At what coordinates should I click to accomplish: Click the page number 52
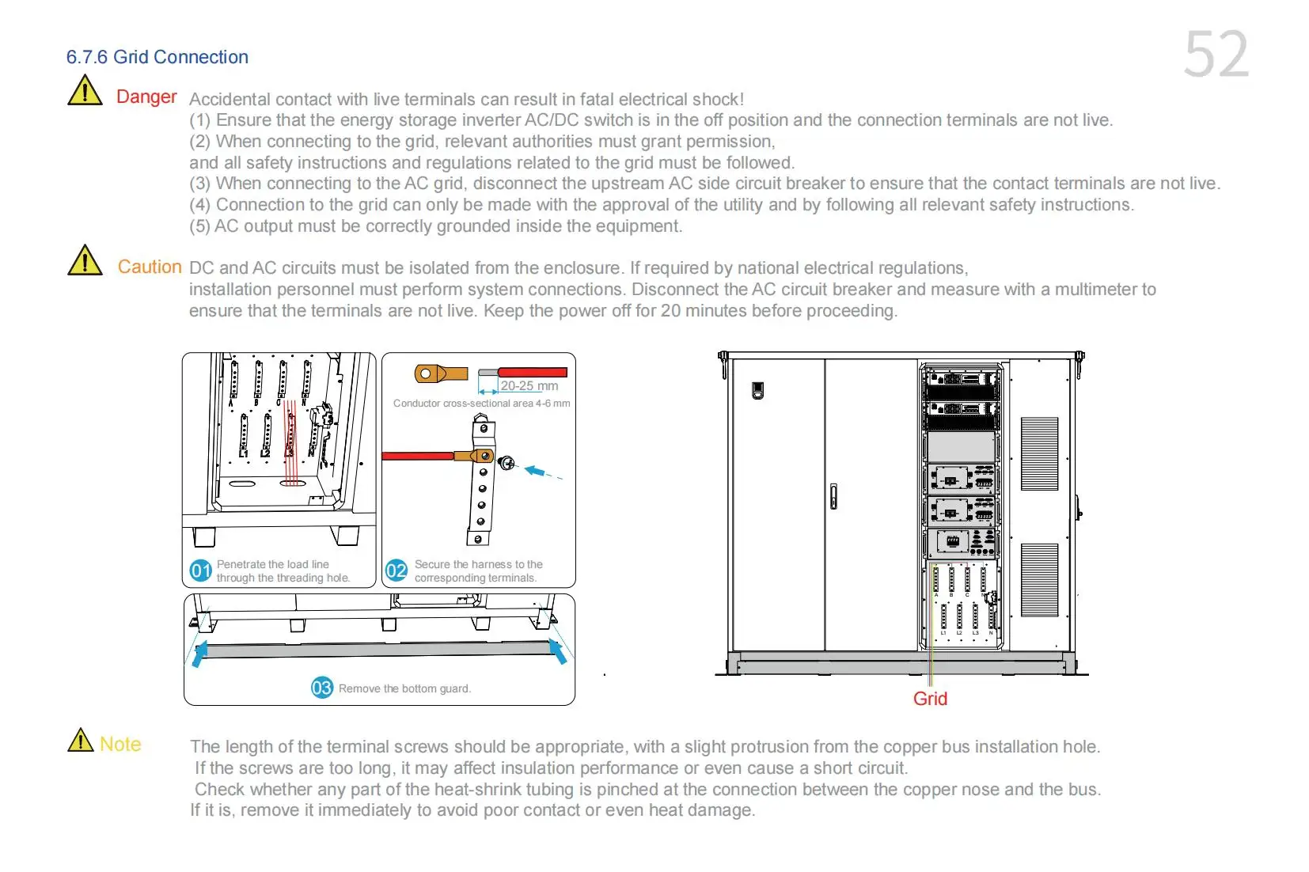pyautogui.click(x=1216, y=55)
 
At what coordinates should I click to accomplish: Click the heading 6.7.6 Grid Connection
pyautogui.click(x=157, y=57)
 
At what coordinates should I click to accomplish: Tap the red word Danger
pyautogui.click(x=146, y=97)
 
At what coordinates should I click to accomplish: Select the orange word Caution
pyautogui.click(x=150, y=267)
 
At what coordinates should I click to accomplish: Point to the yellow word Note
pyautogui.click(x=120, y=744)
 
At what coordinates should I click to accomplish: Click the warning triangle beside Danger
pyautogui.click(x=85, y=91)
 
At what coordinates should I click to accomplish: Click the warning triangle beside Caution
pyautogui.click(x=85, y=260)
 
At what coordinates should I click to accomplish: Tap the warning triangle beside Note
pyautogui.click(x=81, y=741)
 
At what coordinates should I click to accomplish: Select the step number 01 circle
pyautogui.click(x=201, y=571)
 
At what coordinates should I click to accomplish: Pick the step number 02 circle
pyautogui.click(x=396, y=571)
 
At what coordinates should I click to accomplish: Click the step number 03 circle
pyautogui.click(x=321, y=688)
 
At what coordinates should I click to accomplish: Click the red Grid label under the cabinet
pyautogui.click(x=930, y=699)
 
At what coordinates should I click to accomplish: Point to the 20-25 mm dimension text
pyautogui.click(x=529, y=386)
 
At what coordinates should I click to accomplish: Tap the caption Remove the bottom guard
pyautogui.click(x=404, y=688)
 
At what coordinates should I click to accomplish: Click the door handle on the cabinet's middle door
pyautogui.click(x=833, y=496)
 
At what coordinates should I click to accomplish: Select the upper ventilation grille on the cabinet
pyautogui.click(x=1039, y=453)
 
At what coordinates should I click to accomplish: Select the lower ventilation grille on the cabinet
pyautogui.click(x=1039, y=579)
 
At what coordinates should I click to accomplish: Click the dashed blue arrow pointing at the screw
pyautogui.click(x=544, y=472)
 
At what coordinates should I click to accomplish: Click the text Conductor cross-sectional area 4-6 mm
pyautogui.click(x=481, y=404)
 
